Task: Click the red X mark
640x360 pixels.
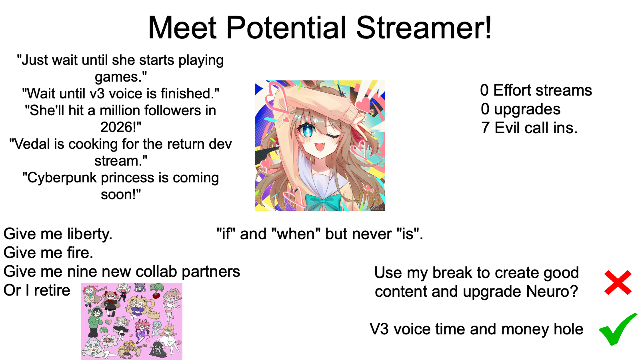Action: tap(618, 282)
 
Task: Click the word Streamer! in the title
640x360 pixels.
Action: tap(424, 28)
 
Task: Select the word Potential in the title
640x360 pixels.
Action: tap(286, 28)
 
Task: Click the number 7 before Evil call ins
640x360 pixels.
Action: tap(485, 128)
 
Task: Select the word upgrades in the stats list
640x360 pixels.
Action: tap(527, 110)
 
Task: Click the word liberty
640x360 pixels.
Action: tap(90, 234)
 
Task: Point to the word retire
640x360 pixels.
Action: tap(52, 290)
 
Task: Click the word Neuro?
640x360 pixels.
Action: tap(552, 292)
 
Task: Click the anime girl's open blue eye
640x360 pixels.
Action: tap(308, 132)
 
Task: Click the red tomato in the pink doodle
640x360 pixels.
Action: tap(156, 295)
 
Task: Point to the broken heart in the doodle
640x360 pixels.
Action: tap(108, 322)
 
